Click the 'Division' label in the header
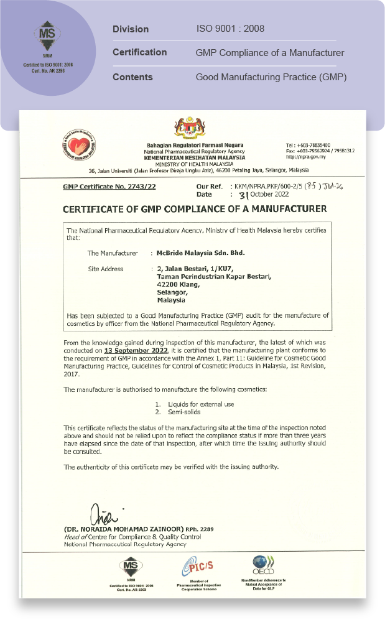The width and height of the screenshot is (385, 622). pyautogui.click(x=131, y=29)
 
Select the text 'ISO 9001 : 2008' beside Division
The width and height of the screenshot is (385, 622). pyautogui.click(x=230, y=29)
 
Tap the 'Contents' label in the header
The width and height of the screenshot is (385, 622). pyautogui.click(x=132, y=77)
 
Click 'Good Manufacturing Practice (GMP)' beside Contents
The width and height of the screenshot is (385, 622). pyautogui.click(x=271, y=77)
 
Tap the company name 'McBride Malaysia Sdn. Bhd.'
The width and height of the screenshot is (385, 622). pyautogui.click(x=200, y=253)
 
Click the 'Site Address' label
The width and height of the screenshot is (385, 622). pyautogui.click(x=105, y=269)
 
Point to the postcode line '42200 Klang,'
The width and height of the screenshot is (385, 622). pyautogui.click(x=179, y=284)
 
